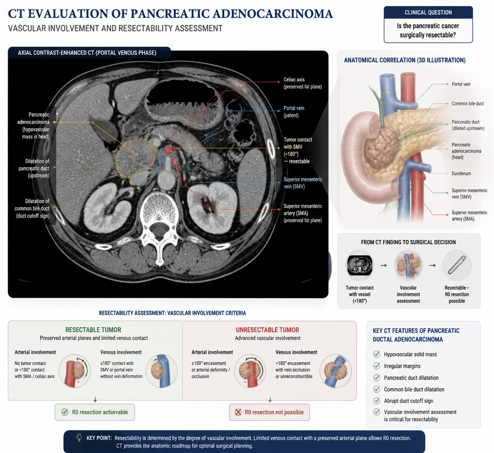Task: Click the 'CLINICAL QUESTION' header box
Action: click(x=428, y=12)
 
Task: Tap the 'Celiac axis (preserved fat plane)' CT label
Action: click(x=303, y=83)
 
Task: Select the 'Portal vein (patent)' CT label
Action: click(x=294, y=112)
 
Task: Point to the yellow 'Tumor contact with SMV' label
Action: click(x=298, y=150)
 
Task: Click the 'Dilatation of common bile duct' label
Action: click(x=32, y=208)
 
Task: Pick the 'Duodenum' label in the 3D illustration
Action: click(x=461, y=174)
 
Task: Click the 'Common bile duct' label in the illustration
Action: click(x=467, y=103)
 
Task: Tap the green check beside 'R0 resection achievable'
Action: click(x=65, y=412)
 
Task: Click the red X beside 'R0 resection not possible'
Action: click(x=238, y=412)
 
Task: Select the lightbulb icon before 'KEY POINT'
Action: click(x=79, y=438)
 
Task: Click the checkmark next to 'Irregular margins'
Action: click(x=376, y=366)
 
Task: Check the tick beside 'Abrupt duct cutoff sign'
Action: click(x=376, y=401)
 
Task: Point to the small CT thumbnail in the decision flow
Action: click(x=359, y=265)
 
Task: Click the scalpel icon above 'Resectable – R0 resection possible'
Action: click(x=457, y=265)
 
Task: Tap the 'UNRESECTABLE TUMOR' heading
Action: click(x=267, y=330)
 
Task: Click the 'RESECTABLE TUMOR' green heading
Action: click(x=93, y=330)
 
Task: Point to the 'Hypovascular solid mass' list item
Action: click(x=410, y=354)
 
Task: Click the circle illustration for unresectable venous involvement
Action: click(x=335, y=371)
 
